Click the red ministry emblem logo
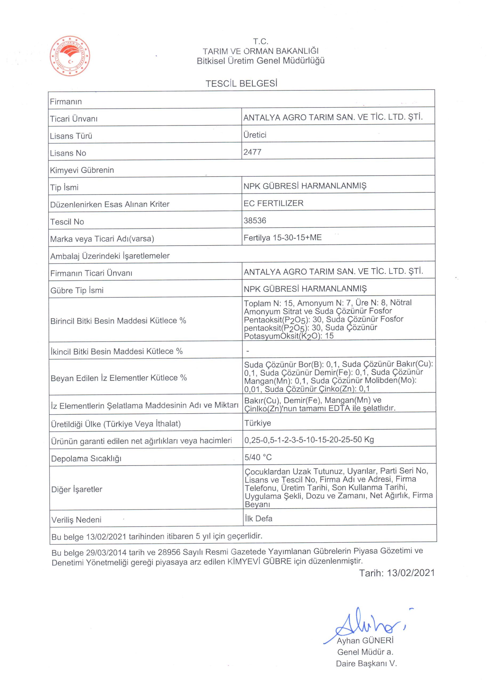click(x=70, y=56)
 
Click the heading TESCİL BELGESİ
click(x=241, y=84)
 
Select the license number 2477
click(x=252, y=152)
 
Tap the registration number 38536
click(x=255, y=220)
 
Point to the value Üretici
click(x=255, y=135)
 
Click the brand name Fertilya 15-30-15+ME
click(x=282, y=238)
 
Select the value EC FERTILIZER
click(x=273, y=203)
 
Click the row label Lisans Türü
click(x=71, y=136)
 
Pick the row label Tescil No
click(x=67, y=222)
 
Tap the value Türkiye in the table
click(x=257, y=423)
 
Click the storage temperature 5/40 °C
click(x=258, y=458)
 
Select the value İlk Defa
click(x=258, y=519)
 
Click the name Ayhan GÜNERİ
click(x=365, y=641)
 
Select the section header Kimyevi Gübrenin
click(x=82, y=170)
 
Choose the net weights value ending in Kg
click(x=309, y=440)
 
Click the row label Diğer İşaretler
click(x=77, y=489)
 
